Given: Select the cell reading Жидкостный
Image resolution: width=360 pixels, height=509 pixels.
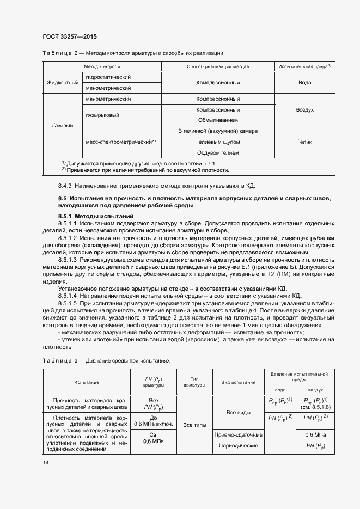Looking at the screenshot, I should click(62, 82).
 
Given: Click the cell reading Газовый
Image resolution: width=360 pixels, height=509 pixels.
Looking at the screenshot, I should click(62, 126).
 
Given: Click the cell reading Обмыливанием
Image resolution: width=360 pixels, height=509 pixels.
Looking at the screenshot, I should click(218, 120).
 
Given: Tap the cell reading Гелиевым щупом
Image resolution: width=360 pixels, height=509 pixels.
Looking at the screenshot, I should click(218, 142).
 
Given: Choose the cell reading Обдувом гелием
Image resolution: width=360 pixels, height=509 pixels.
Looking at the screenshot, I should click(218, 153).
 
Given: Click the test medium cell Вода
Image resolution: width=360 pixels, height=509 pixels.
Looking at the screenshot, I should click(304, 83).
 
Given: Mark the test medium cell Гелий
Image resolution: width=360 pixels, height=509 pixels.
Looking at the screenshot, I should click(304, 142).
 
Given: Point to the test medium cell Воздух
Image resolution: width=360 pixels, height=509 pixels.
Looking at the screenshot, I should click(304, 109).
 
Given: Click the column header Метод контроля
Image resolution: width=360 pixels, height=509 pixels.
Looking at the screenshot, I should click(101, 66).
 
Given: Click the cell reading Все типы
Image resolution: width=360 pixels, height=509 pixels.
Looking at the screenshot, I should click(194, 425).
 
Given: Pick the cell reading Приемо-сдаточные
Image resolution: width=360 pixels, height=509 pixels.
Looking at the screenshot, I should click(239, 435).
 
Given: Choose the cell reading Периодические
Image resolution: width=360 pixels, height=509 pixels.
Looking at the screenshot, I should click(239, 446).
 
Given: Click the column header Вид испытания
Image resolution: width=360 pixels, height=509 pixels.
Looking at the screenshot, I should click(239, 382).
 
